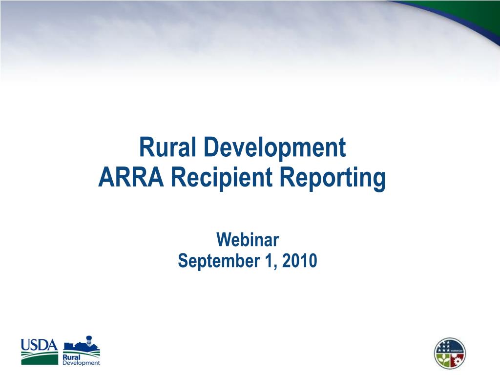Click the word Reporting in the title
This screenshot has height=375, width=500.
[333, 179]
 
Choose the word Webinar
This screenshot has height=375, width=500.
[248, 240]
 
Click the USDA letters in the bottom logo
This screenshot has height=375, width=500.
[39, 345]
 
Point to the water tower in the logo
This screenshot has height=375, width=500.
[89, 340]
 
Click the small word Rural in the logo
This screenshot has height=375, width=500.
[71, 357]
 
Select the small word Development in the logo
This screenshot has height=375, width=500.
[82, 363]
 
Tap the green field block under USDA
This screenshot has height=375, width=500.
[40, 358]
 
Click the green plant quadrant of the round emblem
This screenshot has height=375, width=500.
[442, 360]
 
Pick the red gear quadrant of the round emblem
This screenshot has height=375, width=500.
[457, 360]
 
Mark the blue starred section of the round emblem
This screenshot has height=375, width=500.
[444, 346]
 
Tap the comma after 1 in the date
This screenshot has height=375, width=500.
[275, 268]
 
